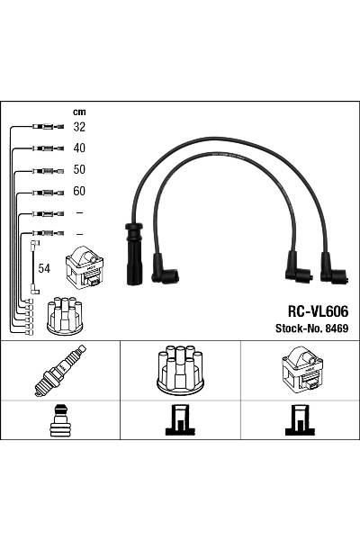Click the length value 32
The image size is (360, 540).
pos(79,127)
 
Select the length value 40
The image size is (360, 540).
pos(79,148)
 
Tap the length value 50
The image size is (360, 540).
pos(79,169)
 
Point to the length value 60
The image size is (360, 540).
pos(79,191)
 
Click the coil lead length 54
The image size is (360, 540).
pos(44,268)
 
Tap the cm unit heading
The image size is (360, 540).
pos(79,112)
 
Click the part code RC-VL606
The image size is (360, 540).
pos(318,311)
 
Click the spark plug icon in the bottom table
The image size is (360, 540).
pos(60,370)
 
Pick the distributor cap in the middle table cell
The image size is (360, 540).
pos(180,370)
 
